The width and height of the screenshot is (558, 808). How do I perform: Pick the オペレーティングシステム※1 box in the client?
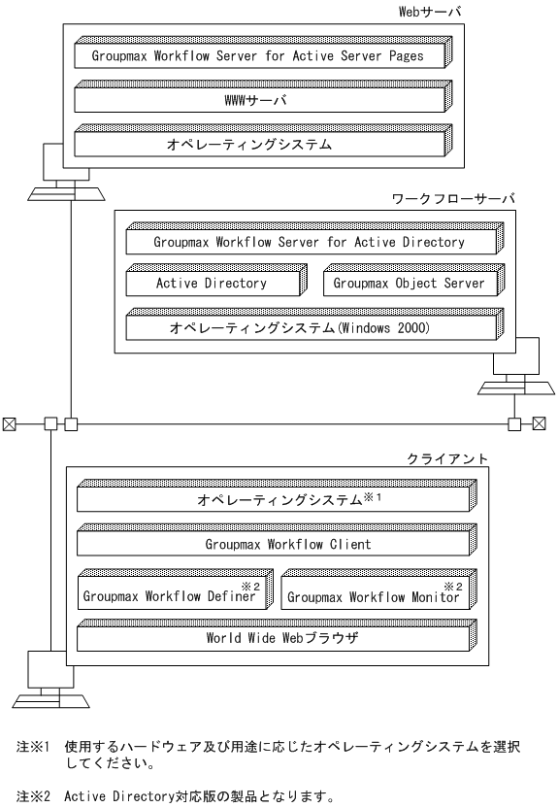pyautogui.click(x=273, y=500)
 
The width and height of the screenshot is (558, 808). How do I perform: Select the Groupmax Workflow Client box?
pyautogui.click(x=275, y=545)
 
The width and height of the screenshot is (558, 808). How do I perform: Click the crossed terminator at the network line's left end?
pyautogui.click(x=8, y=422)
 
